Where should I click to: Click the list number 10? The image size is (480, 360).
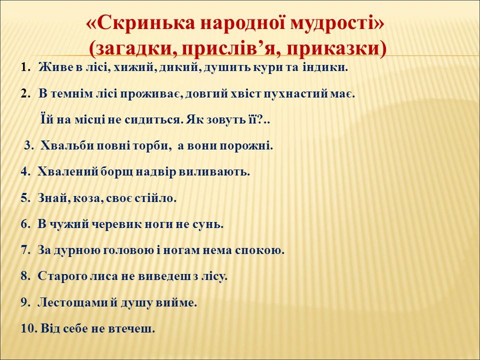pos(29,329)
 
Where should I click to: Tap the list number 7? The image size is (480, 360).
pos(25,250)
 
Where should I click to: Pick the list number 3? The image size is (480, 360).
pos(29,146)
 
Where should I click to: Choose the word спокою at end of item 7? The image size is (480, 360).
pos(259,250)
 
